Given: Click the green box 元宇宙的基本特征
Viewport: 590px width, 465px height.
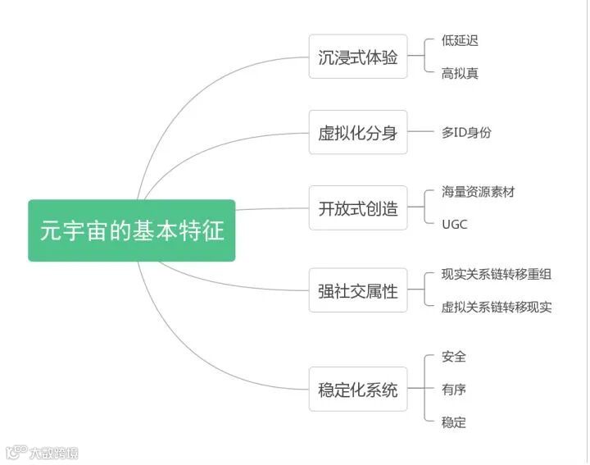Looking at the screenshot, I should pos(131,230).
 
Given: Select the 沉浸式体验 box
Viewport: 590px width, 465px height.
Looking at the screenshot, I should pos(357,57).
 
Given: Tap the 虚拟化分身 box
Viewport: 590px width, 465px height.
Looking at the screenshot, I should pos(357,132).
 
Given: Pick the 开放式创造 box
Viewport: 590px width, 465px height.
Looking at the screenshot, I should pos(357,207).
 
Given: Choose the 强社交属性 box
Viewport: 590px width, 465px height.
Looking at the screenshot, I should pos(357,290).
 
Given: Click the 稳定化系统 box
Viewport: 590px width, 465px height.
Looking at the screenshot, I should pos(357,389).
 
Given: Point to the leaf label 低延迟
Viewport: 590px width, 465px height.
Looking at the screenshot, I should pos(460,39).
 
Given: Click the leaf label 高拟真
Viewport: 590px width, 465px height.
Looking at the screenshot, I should pos(460,73).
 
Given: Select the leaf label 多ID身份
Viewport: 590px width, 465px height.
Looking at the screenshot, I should pos(466,132).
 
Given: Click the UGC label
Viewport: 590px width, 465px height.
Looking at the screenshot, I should pos(454,224).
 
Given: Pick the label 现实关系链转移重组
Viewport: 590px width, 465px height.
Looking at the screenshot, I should pos(496,274).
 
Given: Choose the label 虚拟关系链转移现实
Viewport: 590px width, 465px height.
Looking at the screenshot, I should pos(496,307).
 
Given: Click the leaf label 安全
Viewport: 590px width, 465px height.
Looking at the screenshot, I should pos(453,356).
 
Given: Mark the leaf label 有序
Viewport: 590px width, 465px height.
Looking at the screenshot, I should pos(453,389).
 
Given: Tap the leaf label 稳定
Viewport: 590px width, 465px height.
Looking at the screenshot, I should pos(453,422).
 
